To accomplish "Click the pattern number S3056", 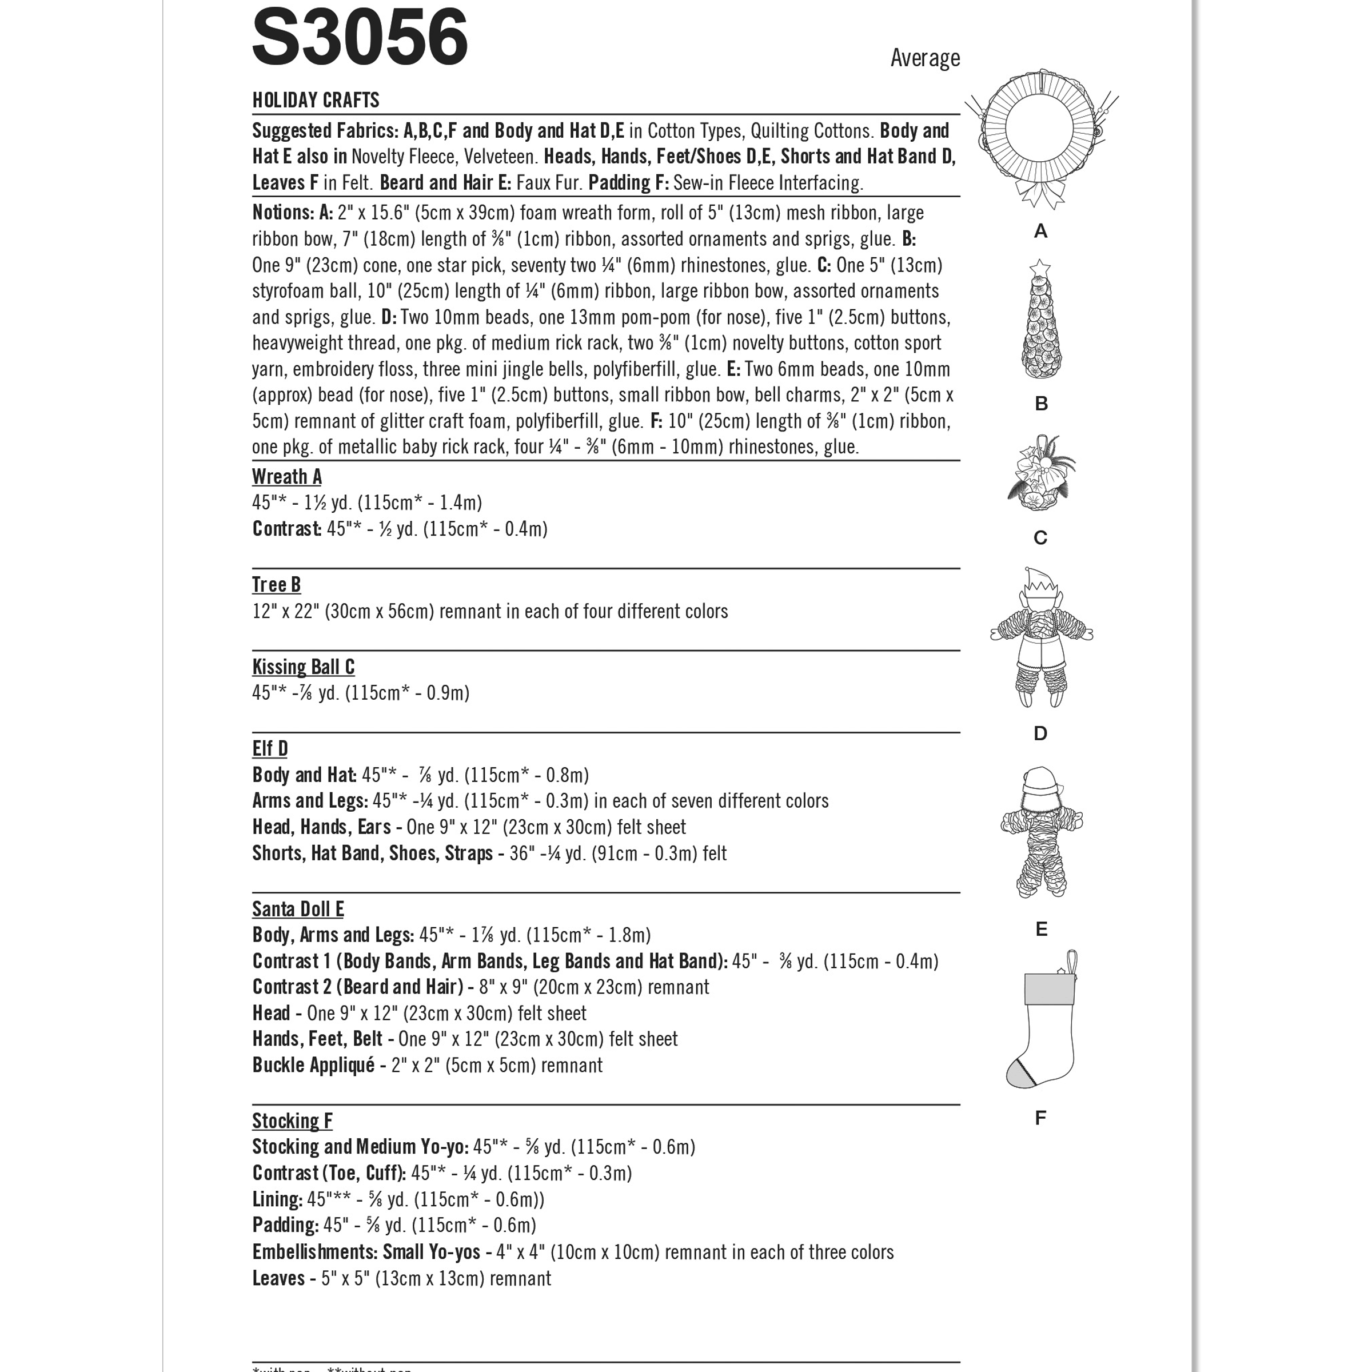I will pos(360,37).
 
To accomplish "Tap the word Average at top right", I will pos(924,58).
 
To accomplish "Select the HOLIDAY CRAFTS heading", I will pos(316,100).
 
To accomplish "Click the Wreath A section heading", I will pos(286,477).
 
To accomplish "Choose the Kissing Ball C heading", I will pos(303,667).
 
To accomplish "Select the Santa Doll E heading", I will pos(297,909).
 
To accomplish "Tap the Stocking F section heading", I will pos(292,1120).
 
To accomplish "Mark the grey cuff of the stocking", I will pos(1047,989).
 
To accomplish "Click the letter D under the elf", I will pos(1040,733).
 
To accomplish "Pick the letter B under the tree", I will pos(1041,404).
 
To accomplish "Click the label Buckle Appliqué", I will pos(313,1065).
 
